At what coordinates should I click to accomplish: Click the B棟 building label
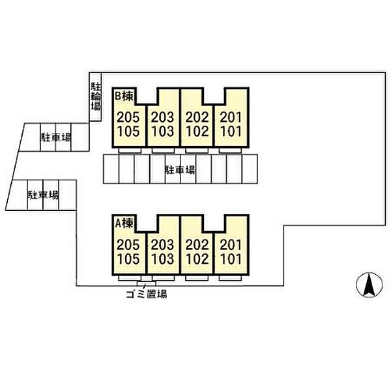(124, 95)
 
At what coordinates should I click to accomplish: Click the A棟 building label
(124, 223)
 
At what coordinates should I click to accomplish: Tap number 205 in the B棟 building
(128, 118)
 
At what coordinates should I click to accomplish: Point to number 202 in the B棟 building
(196, 118)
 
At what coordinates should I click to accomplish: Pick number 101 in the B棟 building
(231, 130)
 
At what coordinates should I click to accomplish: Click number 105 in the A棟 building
(128, 258)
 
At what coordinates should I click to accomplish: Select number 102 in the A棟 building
(196, 258)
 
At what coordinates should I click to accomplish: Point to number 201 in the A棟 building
(231, 246)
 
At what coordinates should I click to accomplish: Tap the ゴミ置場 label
(146, 294)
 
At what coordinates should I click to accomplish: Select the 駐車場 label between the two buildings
(180, 170)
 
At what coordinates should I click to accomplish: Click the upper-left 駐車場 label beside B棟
(56, 137)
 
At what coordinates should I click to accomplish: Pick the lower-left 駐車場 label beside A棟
(43, 195)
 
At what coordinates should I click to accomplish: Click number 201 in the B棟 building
(231, 118)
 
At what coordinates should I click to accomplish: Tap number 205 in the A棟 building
(128, 246)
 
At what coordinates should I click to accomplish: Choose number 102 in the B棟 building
(196, 130)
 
